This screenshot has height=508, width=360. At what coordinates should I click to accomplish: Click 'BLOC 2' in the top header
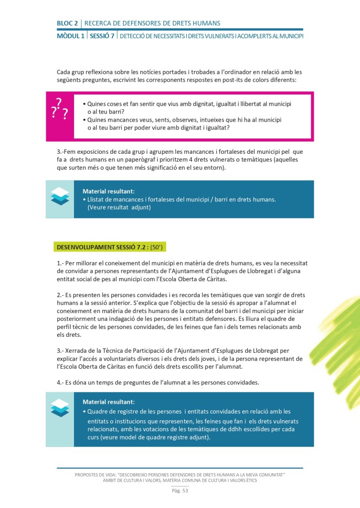(x=68, y=23)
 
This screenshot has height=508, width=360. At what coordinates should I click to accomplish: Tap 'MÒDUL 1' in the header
(x=71, y=36)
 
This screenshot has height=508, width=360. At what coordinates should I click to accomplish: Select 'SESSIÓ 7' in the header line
(x=102, y=36)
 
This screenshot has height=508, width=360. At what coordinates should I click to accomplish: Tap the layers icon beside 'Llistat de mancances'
(x=60, y=196)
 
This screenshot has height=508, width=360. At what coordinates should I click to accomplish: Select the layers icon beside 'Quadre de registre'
(x=60, y=408)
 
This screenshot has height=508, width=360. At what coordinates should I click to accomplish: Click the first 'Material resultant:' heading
(x=109, y=191)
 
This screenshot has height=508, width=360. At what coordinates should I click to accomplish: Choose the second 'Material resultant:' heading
(x=109, y=402)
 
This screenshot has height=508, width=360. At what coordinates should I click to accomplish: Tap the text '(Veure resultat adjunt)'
(x=119, y=207)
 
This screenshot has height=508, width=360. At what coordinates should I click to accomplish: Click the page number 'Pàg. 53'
(x=180, y=491)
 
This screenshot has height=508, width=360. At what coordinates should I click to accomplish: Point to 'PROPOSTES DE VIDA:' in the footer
(x=99, y=475)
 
